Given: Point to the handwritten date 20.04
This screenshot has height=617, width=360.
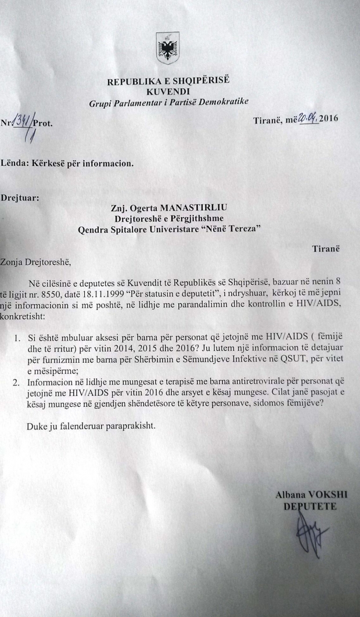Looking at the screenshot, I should pyautogui.click(x=307, y=120).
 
